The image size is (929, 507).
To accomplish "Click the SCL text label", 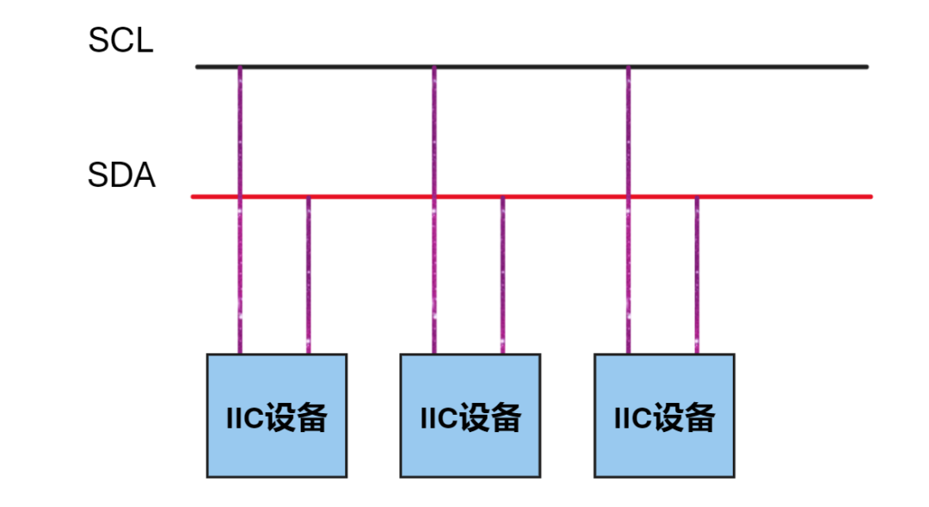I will [120, 40].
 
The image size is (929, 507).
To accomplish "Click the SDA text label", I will [121, 176].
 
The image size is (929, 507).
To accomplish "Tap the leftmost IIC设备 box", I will [277, 416].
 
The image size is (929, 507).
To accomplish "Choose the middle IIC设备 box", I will [471, 416].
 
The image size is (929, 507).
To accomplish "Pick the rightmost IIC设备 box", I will [664, 416].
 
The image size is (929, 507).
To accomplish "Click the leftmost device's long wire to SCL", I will [240, 129].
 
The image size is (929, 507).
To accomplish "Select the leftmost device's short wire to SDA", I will [309, 275].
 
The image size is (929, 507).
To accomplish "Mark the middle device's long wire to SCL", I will [434, 129].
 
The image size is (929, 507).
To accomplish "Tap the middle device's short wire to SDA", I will [503, 275].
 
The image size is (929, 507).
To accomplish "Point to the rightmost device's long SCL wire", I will [628, 129].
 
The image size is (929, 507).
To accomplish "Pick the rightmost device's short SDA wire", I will [697, 275].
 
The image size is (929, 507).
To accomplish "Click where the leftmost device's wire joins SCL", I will [240, 66].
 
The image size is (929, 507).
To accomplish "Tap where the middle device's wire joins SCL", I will [434, 66].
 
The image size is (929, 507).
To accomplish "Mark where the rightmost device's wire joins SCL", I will [628, 66].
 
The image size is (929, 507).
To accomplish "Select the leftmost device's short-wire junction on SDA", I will [309, 197].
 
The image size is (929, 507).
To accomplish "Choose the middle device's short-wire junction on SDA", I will [503, 197].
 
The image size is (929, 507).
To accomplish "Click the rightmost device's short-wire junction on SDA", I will [697, 197].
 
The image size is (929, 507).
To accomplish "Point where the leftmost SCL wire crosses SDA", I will [240, 196].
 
